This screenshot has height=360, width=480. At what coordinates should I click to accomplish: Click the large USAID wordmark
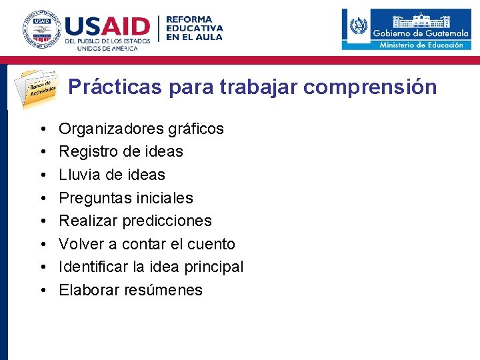107,27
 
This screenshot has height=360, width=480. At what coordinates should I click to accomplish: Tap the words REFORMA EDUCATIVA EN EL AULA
194,28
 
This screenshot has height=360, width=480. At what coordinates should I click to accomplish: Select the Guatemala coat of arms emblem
358,28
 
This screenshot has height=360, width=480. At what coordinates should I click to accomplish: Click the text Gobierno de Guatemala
420,33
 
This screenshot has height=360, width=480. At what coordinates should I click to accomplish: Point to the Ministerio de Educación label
421,45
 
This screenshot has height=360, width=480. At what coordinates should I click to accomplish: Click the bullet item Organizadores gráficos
141,129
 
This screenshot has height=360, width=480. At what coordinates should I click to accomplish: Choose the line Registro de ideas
121,151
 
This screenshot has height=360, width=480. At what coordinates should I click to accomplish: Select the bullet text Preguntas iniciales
126,198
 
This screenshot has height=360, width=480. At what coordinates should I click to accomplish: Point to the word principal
213,267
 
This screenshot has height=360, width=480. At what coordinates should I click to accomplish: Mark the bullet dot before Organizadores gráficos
41,129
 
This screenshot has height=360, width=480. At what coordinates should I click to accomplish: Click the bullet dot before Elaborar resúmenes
41,290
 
